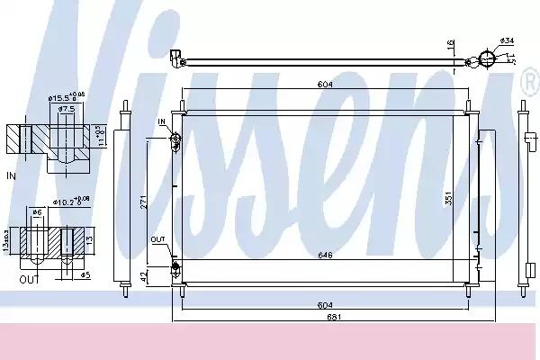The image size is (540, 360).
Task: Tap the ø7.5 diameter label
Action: point(65,110)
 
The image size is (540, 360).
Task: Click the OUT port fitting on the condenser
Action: point(175,266)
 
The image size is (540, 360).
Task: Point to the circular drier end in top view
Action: point(487,59)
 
